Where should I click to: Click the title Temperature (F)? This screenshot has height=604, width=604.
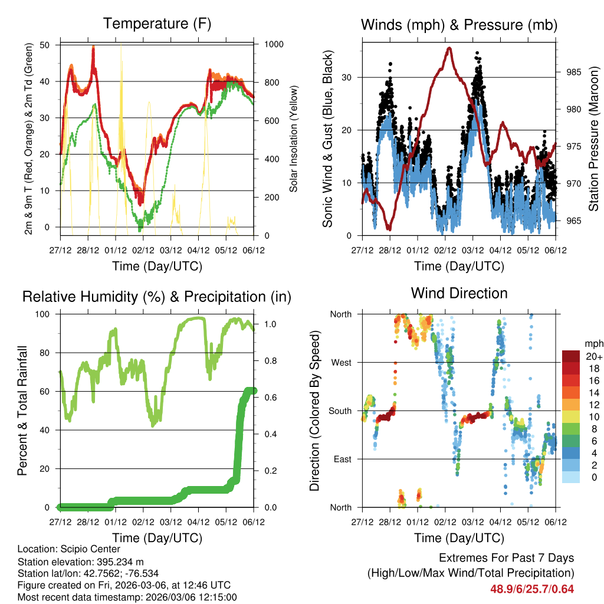click(x=157, y=24)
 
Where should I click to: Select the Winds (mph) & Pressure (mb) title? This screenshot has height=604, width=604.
click(x=459, y=25)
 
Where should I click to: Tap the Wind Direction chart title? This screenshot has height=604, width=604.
click(x=459, y=293)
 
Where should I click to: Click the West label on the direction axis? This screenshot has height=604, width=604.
click(x=340, y=362)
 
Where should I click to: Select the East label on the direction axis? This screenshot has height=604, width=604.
click(x=342, y=459)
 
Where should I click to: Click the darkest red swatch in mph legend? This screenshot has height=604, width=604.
click(x=571, y=356)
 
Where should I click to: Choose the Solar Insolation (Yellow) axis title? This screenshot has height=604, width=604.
click(x=293, y=139)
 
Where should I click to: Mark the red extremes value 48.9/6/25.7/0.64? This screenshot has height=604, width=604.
click(x=531, y=589)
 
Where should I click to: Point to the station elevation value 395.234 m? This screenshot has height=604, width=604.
click(x=119, y=561)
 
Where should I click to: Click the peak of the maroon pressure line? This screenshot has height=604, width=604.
click(x=449, y=48)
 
